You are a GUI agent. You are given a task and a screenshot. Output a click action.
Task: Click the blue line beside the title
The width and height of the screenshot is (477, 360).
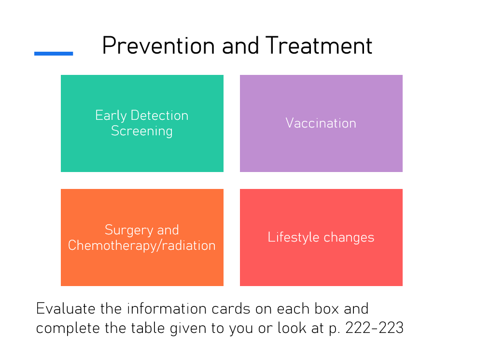pyautogui.click(x=54, y=54)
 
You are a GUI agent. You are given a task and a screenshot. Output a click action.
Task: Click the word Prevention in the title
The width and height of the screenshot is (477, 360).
pyautogui.click(x=158, y=46)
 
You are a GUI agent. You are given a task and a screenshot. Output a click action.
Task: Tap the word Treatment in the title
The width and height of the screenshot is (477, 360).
pyautogui.click(x=319, y=46)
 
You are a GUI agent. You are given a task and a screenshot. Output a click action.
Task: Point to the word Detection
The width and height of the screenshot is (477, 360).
pyautogui.click(x=160, y=115)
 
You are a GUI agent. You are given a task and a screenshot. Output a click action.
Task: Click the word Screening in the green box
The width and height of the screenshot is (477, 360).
pyautogui.click(x=142, y=131)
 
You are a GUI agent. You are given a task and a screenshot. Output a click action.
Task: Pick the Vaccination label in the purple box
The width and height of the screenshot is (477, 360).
pyautogui.click(x=321, y=123)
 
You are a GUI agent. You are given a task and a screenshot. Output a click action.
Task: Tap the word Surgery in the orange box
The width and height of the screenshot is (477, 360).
pyautogui.click(x=129, y=230)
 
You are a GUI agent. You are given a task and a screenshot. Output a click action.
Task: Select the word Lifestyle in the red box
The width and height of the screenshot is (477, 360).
pyautogui.click(x=293, y=238)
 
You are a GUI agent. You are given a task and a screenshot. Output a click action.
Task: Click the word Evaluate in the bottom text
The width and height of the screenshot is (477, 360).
pyautogui.click(x=66, y=308)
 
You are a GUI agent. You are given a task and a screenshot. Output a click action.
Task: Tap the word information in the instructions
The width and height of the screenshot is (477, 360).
pyautogui.click(x=167, y=308)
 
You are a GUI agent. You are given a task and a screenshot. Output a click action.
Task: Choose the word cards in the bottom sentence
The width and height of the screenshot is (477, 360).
pyautogui.click(x=231, y=308)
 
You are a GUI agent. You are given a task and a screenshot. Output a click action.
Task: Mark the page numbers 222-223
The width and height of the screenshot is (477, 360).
pyautogui.click(x=374, y=328)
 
